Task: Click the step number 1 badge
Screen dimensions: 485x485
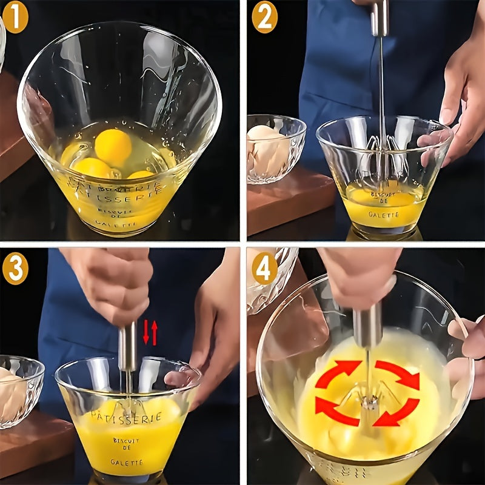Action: (15, 16)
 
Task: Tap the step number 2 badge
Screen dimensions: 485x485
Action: (264, 16)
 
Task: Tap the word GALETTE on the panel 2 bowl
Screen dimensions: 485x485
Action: (384, 215)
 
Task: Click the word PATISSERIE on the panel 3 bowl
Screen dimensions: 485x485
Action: (126, 416)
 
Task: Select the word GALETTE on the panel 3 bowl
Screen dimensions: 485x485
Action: (127, 462)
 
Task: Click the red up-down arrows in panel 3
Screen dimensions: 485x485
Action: (150, 333)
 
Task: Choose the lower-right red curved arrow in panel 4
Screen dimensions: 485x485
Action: (396, 412)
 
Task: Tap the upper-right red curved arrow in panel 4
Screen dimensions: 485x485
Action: (398, 373)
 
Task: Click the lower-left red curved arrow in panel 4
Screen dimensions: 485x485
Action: (336, 412)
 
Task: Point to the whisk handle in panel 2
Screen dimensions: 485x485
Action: (380, 18)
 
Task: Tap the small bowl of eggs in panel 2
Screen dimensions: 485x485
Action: (274, 148)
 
